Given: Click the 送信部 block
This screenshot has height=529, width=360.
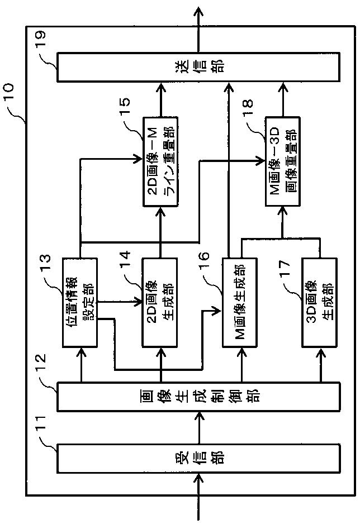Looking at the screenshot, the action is click(x=198, y=67).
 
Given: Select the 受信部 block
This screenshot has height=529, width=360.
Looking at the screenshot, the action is click(x=198, y=458).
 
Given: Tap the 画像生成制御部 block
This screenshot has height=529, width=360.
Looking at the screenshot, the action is click(x=198, y=397).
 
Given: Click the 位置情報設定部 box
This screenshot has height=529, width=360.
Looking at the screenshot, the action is click(x=80, y=303).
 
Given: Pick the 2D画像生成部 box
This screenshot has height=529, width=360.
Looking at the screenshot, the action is click(x=160, y=303).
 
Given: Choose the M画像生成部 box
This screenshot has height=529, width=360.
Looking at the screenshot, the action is click(x=240, y=303).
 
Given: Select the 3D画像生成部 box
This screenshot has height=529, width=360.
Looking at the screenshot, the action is click(x=320, y=303).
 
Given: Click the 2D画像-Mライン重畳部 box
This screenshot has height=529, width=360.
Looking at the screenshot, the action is click(x=160, y=161).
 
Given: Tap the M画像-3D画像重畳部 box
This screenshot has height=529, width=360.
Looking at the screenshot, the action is click(x=283, y=161).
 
